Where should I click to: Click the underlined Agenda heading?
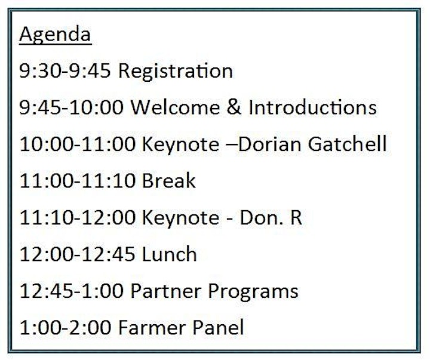click(55, 34)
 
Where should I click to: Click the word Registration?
click(176, 72)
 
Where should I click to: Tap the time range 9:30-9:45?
click(65, 70)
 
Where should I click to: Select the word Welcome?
click(175, 107)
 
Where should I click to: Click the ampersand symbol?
click(234, 107)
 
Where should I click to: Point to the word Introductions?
click(312, 107)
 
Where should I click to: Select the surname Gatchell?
click(347, 144)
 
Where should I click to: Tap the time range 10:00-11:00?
click(78, 144)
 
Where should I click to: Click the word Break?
click(169, 180)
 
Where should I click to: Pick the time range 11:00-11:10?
click(78, 180)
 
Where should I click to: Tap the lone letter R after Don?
click(296, 217)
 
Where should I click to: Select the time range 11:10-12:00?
click(78, 217)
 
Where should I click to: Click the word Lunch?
click(170, 254)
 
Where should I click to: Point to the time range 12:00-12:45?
click(78, 254)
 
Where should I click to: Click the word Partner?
click(166, 291)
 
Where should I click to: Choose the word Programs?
click(253, 292)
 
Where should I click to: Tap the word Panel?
click(218, 327)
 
